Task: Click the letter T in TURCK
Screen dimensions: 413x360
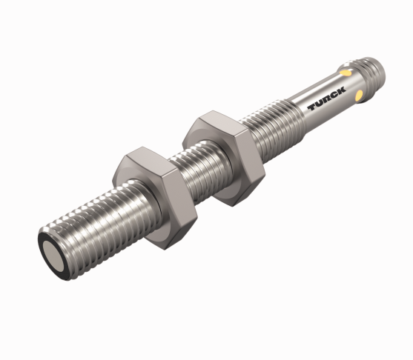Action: [313, 107]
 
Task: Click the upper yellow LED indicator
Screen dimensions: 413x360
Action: [345, 72]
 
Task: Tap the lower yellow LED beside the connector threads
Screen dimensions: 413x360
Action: [359, 96]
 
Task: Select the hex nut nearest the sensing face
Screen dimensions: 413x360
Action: [156, 198]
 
